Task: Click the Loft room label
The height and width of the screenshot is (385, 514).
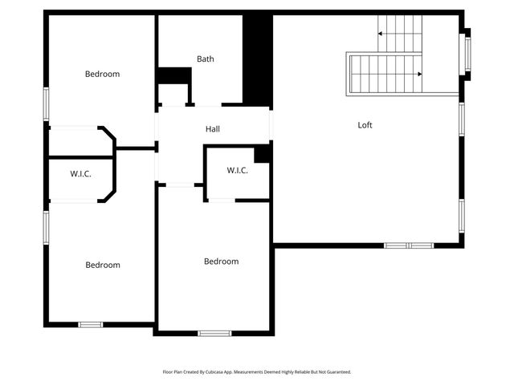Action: click(x=365, y=125)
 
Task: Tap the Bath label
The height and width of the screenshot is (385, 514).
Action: click(x=206, y=59)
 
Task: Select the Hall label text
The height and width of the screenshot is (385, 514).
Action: click(x=212, y=129)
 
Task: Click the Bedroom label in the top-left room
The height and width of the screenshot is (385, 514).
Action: click(x=102, y=74)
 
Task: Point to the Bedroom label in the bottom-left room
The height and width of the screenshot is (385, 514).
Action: click(x=103, y=265)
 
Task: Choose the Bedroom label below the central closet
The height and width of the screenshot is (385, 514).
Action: click(x=221, y=261)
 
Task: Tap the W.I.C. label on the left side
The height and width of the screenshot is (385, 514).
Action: click(x=80, y=173)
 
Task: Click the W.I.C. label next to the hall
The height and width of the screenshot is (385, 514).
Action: click(x=237, y=170)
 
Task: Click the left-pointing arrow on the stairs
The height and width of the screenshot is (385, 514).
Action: click(x=380, y=34)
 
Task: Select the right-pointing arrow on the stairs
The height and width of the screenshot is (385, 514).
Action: click(x=419, y=74)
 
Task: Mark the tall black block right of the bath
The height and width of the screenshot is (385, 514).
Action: click(x=257, y=59)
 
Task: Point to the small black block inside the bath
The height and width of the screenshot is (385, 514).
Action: click(x=173, y=75)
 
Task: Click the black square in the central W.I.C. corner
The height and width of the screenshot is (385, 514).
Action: click(x=262, y=154)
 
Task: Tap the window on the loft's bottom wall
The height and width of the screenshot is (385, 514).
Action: click(x=409, y=245)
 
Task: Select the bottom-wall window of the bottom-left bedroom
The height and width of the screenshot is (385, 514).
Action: click(x=90, y=324)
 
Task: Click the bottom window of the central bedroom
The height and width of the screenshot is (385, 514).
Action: click(x=214, y=333)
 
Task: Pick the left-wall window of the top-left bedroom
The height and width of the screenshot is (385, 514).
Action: click(x=46, y=104)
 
